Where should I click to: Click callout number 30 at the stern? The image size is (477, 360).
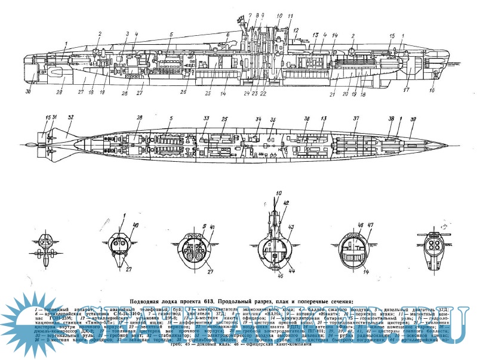pyautogui.click(x=28, y=92)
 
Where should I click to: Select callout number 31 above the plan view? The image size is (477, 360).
pyautogui.click(x=54, y=116)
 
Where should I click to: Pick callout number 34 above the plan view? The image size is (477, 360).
pyautogui.click(x=259, y=118)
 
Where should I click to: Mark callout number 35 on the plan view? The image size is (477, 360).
pyautogui.click(x=273, y=119)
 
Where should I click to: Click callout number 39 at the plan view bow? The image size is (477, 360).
pyautogui.click(x=413, y=119)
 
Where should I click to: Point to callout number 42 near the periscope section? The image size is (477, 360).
pyautogui.click(x=286, y=204)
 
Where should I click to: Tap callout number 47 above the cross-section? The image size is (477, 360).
pyautogui.click(x=370, y=225)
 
